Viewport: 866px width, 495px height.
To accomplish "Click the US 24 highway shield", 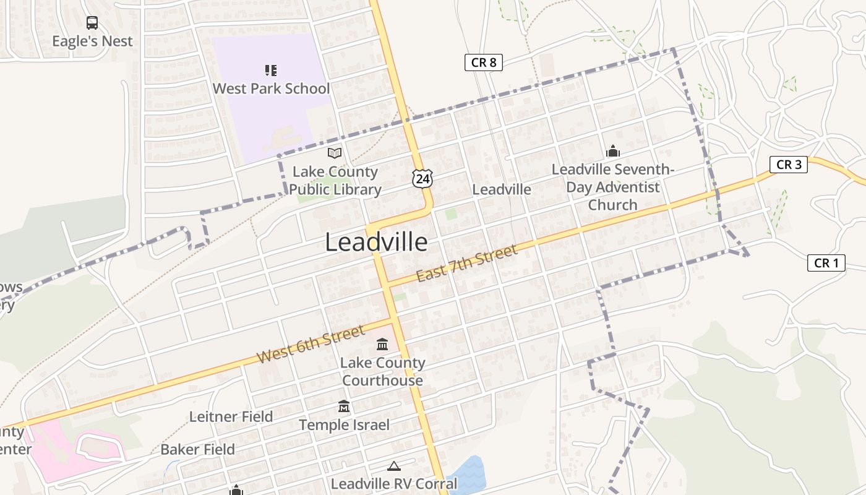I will pyautogui.click(x=422, y=179).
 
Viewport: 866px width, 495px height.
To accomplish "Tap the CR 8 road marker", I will pyautogui.click(x=484, y=62).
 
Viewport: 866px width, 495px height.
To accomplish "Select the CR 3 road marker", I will pyautogui.click(x=789, y=164).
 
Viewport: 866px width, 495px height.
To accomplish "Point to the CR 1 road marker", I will pyautogui.click(x=826, y=263).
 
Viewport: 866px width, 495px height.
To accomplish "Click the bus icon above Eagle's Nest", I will pyautogui.click(x=92, y=23).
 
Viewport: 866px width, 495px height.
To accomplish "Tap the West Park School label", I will pyautogui.click(x=271, y=88).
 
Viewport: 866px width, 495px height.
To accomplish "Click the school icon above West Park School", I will pyautogui.click(x=271, y=70).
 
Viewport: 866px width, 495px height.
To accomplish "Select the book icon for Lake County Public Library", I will pyautogui.click(x=335, y=153).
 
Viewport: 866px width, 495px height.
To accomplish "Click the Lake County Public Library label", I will pyautogui.click(x=335, y=181).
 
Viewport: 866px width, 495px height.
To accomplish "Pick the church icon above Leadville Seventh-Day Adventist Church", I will pyautogui.click(x=613, y=151).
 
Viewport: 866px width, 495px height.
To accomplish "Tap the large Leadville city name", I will pyautogui.click(x=376, y=243).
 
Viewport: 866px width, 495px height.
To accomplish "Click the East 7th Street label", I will pyautogui.click(x=466, y=264).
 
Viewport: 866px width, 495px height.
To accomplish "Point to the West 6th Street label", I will pyautogui.click(x=311, y=345).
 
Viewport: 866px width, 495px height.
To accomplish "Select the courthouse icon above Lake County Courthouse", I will pyautogui.click(x=382, y=344).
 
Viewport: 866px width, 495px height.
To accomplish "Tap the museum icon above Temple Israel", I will pyautogui.click(x=344, y=407).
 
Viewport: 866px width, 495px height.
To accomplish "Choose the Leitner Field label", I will pyautogui.click(x=231, y=416).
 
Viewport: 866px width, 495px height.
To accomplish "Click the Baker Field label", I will pyautogui.click(x=197, y=449).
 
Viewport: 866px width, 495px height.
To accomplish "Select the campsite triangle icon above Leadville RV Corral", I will pyautogui.click(x=393, y=466).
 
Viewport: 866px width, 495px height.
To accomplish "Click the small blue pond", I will pyautogui.click(x=469, y=476).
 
